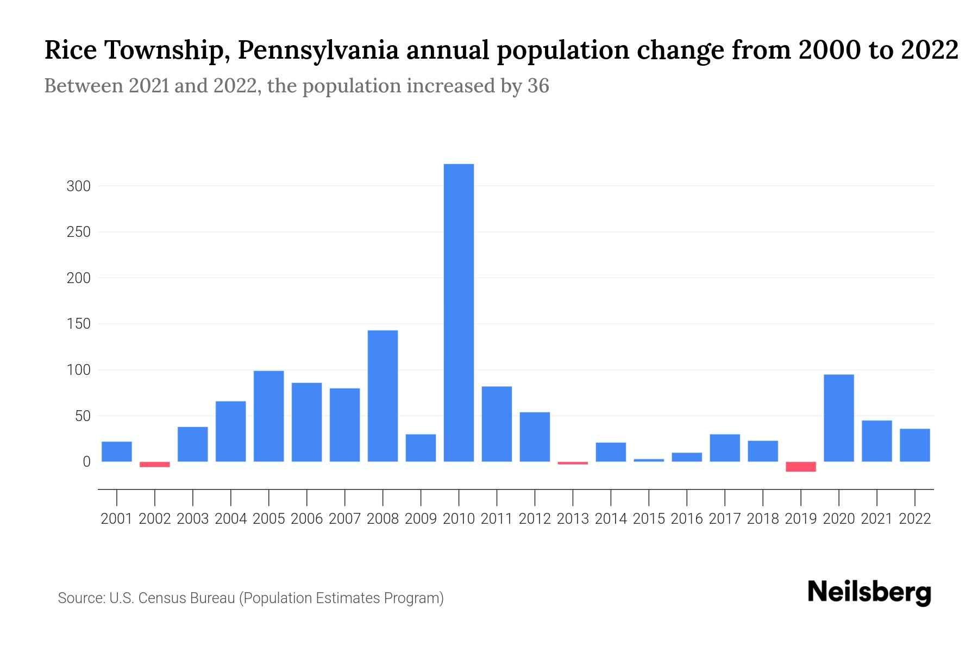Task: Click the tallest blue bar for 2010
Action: pyautogui.click(x=459, y=312)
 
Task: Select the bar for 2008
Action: pyautogui.click(x=383, y=396)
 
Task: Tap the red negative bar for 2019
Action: pyautogui.click(x=801, y=467)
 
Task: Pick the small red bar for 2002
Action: pyautogui.click(x=155, y=465)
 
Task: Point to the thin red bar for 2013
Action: pyautogui.click(x=573, y=463)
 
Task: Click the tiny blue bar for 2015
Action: pyautogui.click(x=649, y=460)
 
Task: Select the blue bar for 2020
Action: pyautogui.click(x=839, y=418)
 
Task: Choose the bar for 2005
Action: pyautogui.click(x=269, y=416)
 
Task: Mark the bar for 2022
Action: pyautogui.click(x=915, y=445)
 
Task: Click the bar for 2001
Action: pyautogui.click(x=117, y=452)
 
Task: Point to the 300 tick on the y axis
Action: pyautogui.click(x=78, y=186)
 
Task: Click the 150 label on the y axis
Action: pyautogui.click(x=78, y=324)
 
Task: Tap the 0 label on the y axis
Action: pyautogui.click(x=86, y=462)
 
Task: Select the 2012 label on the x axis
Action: pyautogui.click(x=535, y=519)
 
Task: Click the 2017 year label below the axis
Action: pyautogui.click(x=725, y=519)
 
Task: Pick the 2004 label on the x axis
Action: pyautogui.click(x=231, y=519)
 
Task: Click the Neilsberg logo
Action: pyautogui.click(x=869, y=592)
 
